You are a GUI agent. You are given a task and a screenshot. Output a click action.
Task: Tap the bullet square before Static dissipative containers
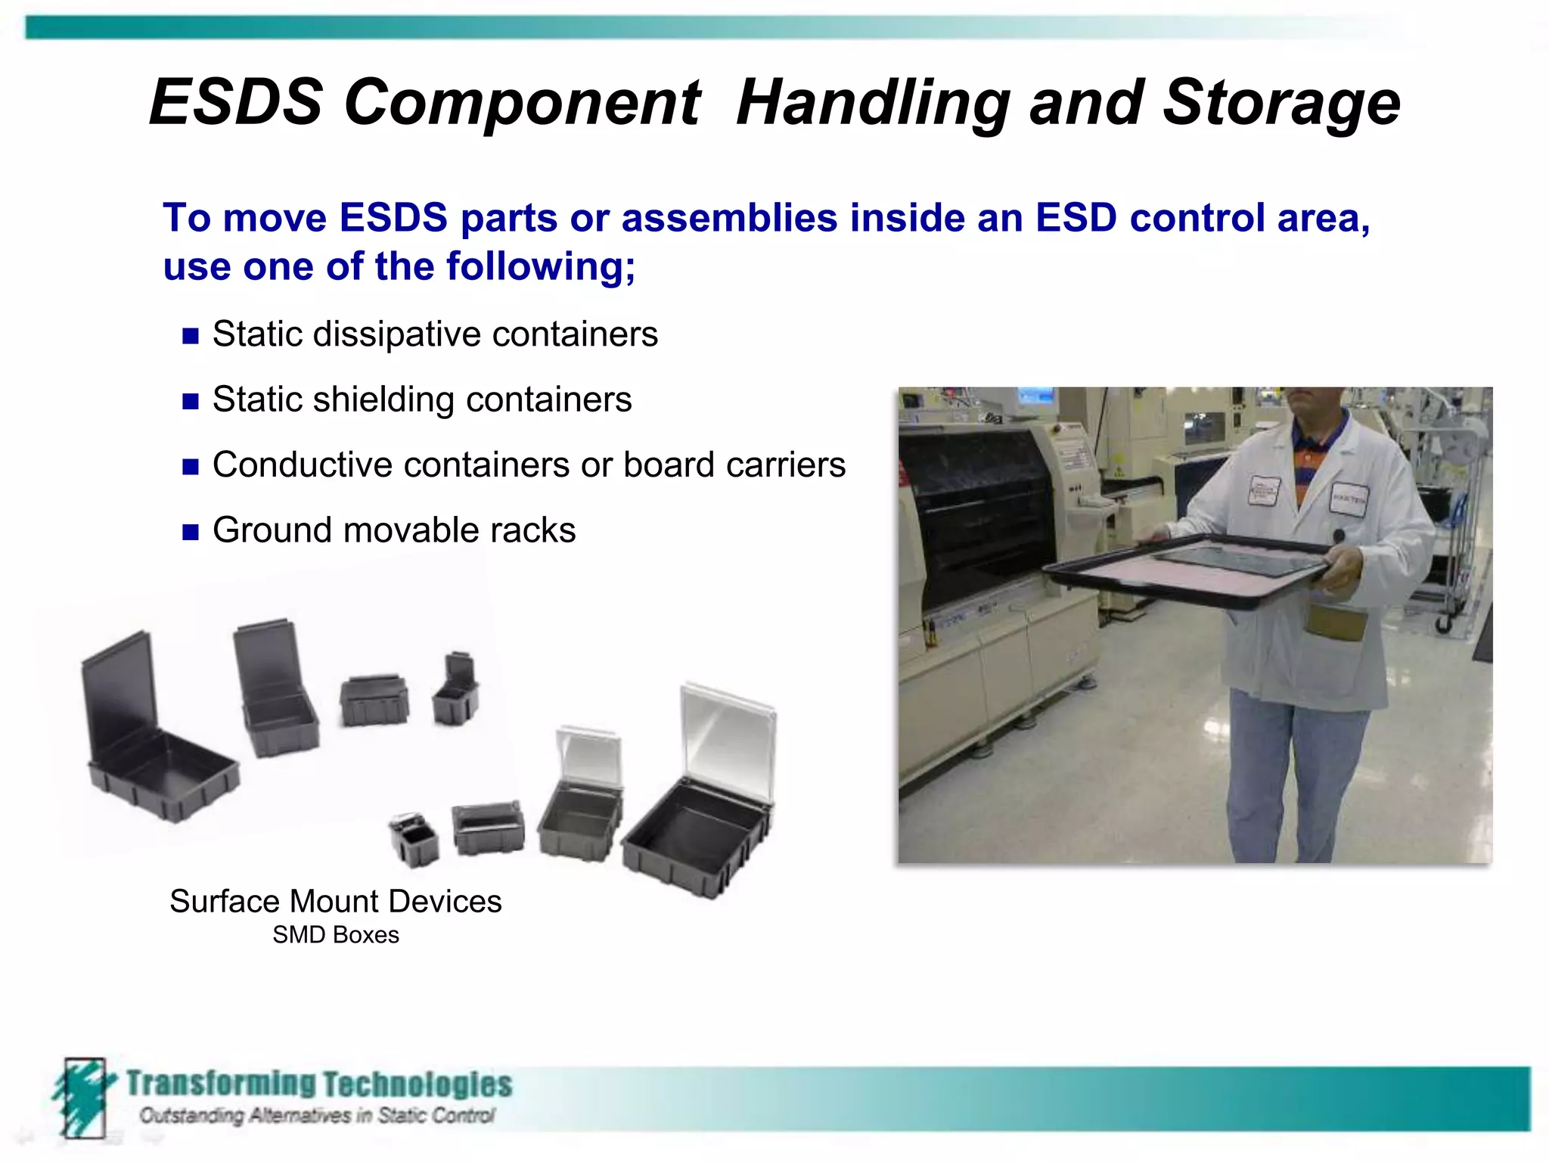191,336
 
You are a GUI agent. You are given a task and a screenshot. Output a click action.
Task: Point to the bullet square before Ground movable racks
191,532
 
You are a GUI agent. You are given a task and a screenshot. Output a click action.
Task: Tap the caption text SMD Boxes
336,935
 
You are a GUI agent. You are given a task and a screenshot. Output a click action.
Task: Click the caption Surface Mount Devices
336,901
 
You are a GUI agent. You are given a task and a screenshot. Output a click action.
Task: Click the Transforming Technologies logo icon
82,1097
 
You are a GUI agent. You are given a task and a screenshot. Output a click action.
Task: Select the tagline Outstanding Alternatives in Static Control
317,1115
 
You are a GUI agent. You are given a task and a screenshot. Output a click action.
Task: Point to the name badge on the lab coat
1349,499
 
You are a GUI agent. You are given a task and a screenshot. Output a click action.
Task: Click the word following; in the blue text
541,266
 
